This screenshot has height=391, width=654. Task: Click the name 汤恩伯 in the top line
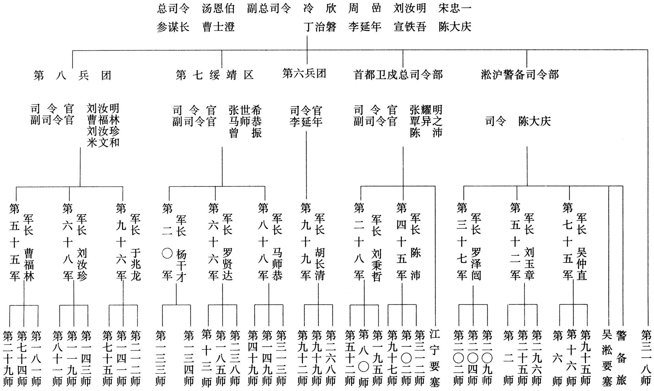coord(218,9)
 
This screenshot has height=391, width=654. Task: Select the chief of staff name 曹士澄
coord(218,27)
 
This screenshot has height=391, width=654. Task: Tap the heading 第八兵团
coord(72,75)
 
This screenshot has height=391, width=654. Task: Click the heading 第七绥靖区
coord(215,75)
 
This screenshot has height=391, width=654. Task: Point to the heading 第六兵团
coord(304,74)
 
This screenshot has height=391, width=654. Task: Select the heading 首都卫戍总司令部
coord(398,75)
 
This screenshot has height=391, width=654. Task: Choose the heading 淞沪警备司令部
coord(520,75)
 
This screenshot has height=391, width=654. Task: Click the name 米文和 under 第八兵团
coord(103,143)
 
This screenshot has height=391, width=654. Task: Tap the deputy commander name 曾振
coord(245,133)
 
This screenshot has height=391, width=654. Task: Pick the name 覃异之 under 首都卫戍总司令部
coord(426,121)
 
